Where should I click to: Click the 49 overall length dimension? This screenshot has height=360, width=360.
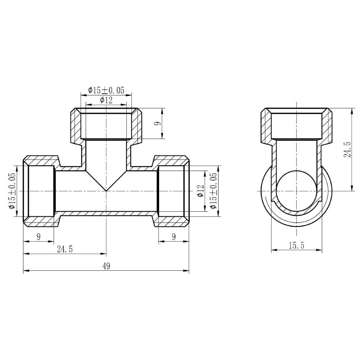click(x=106, y=266)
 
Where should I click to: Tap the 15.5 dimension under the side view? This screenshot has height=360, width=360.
click(x=296, y=246)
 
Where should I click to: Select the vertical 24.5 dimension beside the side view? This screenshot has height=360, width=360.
click(x=347, y=149)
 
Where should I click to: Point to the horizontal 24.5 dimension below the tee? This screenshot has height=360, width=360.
click(x=65, y=249)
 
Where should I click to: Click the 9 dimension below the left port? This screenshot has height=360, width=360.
click(x=38, y=237)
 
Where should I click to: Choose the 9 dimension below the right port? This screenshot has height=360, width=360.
click(x=174, y=237)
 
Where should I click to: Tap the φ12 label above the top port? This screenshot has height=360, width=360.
click(x=106, y=100)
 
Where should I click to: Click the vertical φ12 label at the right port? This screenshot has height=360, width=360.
click(x=201, y=191)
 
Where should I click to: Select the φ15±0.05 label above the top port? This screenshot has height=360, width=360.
click(x=106, y=91)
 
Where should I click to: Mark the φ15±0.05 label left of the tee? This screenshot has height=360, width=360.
click(x=12, y=191)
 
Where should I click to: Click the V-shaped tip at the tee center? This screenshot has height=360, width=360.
click(x=106, y=190)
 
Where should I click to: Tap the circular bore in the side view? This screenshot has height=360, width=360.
click(x=296, y=191)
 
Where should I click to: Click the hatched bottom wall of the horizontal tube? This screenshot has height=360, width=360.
click(x=106, y=213)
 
